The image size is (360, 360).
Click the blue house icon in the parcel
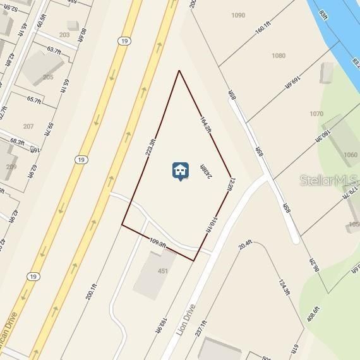point(180,171)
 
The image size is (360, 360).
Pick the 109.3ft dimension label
point(158,243)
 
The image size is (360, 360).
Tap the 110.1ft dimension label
point(212,224)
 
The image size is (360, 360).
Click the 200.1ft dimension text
point(93,295)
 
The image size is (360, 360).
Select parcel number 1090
point(238,15)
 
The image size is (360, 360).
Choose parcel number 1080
point(279,56)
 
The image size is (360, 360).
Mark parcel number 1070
point(316,114)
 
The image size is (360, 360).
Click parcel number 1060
point(350,155)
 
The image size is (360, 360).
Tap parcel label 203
point(64,35)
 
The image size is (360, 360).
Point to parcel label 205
point(48,77)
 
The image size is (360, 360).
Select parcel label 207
point(28,126)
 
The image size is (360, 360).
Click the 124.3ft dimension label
point(284,287)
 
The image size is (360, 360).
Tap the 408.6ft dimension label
point(313,314)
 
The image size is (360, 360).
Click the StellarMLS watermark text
point(329,180)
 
